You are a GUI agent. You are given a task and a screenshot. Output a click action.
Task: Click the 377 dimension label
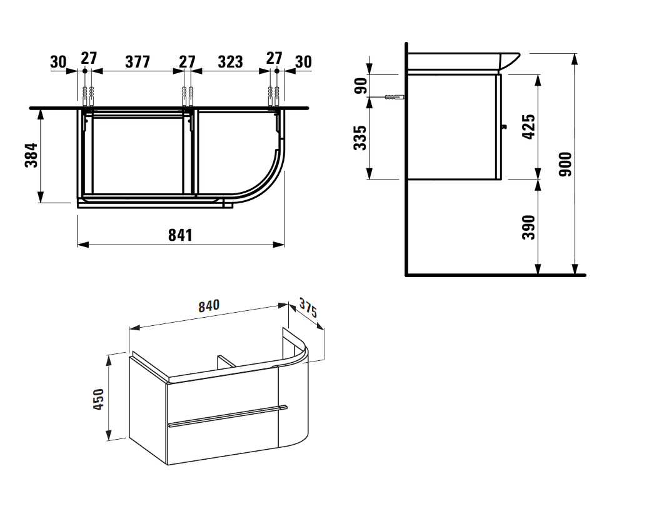[x=138, y=62]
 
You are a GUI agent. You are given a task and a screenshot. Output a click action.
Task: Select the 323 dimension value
[x=230, y=62]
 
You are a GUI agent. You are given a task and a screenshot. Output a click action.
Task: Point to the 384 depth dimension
[x=31, y=155]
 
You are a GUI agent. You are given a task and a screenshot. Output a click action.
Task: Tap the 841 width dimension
[x=181, y=235]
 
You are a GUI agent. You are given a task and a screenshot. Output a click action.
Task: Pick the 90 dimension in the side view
[x=361, y=86]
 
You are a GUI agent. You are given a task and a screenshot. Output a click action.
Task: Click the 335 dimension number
[x=360, y=138]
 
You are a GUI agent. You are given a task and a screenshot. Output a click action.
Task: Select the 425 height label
[x=528, y=127]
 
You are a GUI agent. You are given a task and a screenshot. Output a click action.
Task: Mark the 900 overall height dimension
[x=566, y=164]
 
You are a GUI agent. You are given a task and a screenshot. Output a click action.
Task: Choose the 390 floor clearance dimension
[x=528, y=227]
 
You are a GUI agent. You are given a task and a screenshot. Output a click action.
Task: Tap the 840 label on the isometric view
[x=209, y=306]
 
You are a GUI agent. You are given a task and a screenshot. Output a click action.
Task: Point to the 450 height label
[x=98, y=398]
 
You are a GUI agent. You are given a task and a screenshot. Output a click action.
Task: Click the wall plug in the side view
[x=395, y=97]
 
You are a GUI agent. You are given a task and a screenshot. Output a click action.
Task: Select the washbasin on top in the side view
[x=463, y=61]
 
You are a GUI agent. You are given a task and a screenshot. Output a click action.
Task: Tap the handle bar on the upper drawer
[x=228, y=415]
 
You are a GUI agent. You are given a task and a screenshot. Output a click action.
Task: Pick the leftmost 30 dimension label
[x=58, y=62]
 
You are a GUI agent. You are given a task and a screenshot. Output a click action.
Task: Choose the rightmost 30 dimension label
[x=303, y=62]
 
